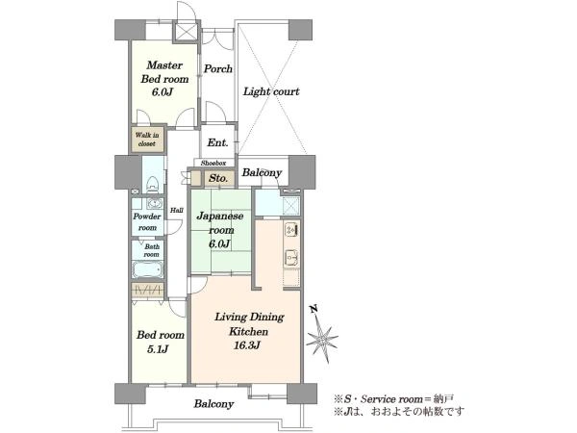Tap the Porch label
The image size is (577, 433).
pos(218,69)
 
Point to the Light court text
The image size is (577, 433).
pos(271,91)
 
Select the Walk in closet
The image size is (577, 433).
pos(147,140)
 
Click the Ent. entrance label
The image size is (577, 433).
pos(217,142)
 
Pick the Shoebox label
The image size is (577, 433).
pos(213,163)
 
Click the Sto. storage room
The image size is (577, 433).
pos(218,178)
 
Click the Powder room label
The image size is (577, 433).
pos(147,222)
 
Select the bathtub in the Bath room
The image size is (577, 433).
pos(147,269)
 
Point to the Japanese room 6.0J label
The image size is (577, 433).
pos(220,230)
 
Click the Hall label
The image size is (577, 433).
pos(177,210)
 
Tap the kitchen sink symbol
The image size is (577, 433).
pos(291,257)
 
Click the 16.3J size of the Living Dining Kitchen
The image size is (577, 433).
pos(247,345)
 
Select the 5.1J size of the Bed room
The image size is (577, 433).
pos(158,348)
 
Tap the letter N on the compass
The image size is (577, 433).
pos(314,309)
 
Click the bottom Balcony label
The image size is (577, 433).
pos(213,404)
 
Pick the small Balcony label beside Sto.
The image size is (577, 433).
pos(262,172)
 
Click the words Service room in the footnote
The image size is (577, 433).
pos(392,399)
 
